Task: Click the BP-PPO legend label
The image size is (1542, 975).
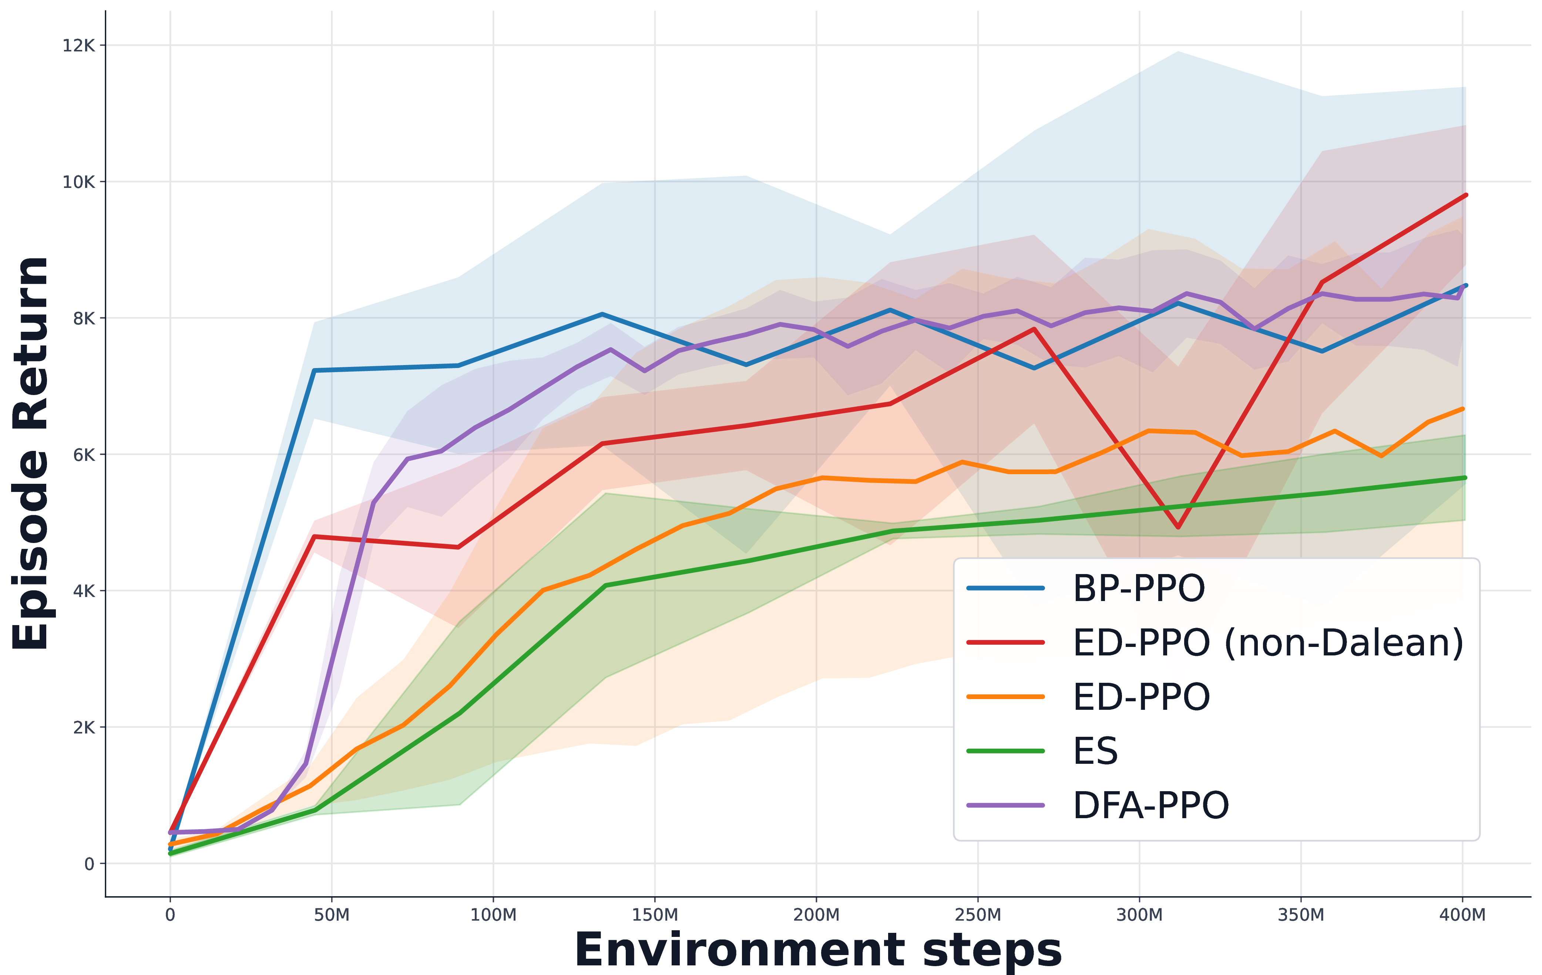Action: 1139,588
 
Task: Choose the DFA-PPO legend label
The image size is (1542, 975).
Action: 1151,805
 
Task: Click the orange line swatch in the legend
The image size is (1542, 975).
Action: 1005,696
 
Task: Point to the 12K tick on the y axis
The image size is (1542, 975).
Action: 78,45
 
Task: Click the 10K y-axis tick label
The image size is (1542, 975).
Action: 78,182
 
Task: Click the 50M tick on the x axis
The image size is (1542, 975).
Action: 332,915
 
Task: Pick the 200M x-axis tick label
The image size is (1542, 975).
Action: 816,915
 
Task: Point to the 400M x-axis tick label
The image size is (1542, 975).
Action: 1462,915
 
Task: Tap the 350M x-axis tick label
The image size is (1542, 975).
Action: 1301,915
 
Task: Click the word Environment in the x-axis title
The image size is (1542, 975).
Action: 740,950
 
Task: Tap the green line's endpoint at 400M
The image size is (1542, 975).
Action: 1465,478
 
